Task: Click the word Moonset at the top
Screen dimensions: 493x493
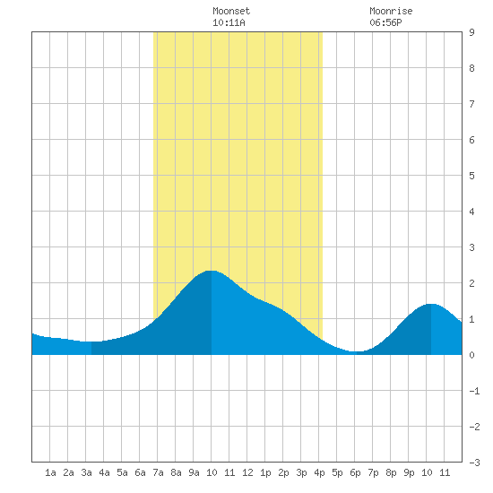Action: pos(231,11)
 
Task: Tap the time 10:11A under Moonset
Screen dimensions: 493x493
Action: pos(229,22)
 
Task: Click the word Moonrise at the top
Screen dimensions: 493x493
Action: pos(391,11)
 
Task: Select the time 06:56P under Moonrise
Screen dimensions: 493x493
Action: pos(385,22)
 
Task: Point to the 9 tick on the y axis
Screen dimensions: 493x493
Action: pos(471,32)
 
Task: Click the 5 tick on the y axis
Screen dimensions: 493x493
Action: pos(471,176)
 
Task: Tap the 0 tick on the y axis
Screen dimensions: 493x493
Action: pos(471,355)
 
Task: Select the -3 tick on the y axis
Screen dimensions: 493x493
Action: pos(474,463)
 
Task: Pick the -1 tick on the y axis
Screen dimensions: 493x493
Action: pos(474,391)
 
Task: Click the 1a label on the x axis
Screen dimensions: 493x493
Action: pos(50,472)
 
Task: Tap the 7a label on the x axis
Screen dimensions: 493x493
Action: pos(158,472)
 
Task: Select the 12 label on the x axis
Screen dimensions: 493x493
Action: pos(247,472)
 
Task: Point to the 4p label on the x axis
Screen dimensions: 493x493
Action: pos(319,472)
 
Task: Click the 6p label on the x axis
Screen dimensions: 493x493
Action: pos(355,472)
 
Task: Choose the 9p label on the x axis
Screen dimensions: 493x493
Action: pos(409,472)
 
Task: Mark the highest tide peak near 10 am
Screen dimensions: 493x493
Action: pos(212,271)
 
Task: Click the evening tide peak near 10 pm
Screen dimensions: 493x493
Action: pos(431,304)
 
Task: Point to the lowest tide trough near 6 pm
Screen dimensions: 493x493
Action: pos(356,351)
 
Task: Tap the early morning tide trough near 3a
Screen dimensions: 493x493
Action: pos(91,342)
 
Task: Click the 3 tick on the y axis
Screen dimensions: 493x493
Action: pos(471,247)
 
